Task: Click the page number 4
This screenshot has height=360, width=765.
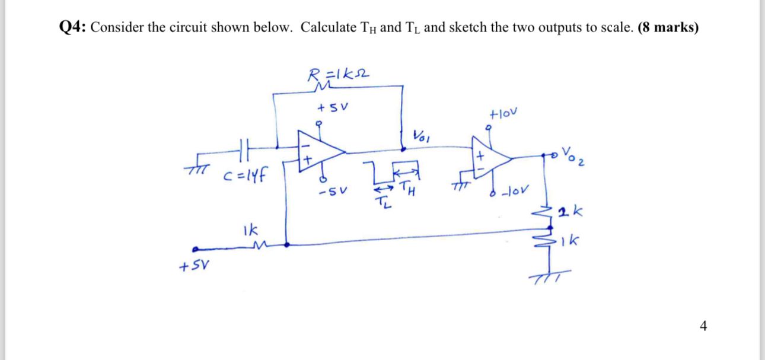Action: (x=703, y=325)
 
